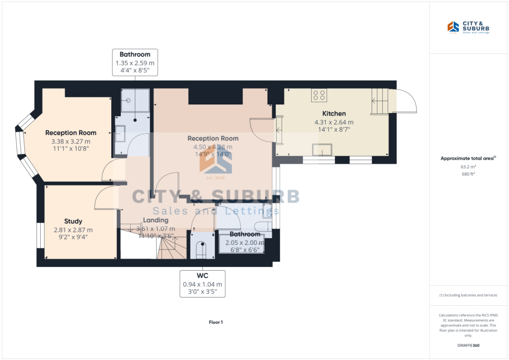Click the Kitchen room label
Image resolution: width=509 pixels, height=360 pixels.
(334, 113)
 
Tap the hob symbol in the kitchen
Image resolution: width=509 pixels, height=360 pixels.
(319, 95)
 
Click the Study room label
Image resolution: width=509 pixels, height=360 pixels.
(73, 221)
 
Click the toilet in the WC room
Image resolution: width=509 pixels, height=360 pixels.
(201, 249)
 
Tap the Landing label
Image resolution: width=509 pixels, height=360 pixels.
(156, 220)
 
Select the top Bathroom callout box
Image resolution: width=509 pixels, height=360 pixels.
(135, 63)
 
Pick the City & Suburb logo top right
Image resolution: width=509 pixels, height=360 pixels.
(468, 28)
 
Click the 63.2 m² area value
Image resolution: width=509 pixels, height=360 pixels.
(468, 167)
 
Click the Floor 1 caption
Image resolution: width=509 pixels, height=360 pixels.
(216, 322)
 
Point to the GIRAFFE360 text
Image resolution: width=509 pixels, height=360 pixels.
(468, 345)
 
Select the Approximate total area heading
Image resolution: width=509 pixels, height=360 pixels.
(468, 159)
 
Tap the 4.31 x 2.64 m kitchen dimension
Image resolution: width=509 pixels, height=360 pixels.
(334, 122)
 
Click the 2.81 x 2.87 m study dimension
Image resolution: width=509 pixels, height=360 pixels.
(73, 230)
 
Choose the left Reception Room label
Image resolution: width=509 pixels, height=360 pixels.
(71, 133)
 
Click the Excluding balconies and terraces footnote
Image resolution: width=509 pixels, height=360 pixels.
(468, 295)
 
